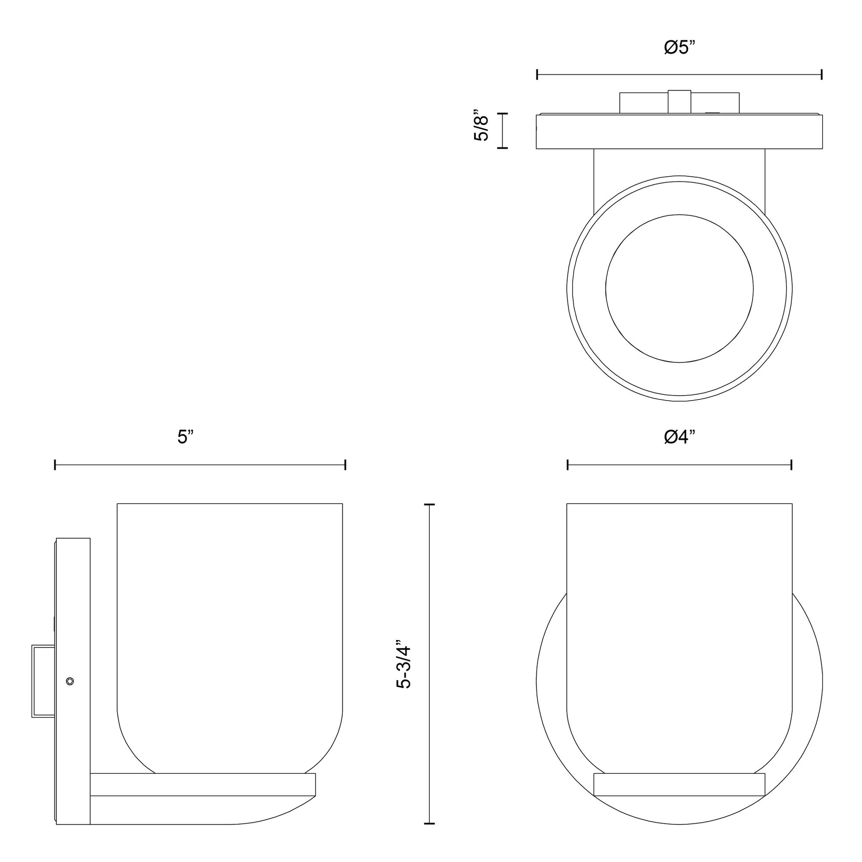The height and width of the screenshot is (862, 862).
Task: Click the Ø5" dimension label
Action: (x=680, y=48)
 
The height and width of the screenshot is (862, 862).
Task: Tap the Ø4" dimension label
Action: (x=680, y=437)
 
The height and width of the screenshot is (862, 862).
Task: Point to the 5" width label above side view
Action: (x=185, y=437)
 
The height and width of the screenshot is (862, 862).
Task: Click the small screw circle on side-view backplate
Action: (x=70, y=681)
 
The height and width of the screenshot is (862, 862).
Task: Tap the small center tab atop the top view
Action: (x=679, y=102)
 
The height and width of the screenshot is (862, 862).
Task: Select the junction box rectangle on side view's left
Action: (x=43, y=681)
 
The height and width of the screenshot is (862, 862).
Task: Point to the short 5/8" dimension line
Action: (x=502, y=130)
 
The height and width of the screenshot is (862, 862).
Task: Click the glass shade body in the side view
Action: (x=229, y=625)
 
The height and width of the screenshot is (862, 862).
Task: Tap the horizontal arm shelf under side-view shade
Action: (x=202, y=784)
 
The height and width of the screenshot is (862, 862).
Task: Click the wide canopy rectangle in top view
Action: (x=679, y=132)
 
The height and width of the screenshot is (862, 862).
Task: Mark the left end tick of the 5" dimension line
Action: (x=55, y=465)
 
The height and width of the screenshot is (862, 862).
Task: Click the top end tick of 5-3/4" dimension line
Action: (x=429, y=505)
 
